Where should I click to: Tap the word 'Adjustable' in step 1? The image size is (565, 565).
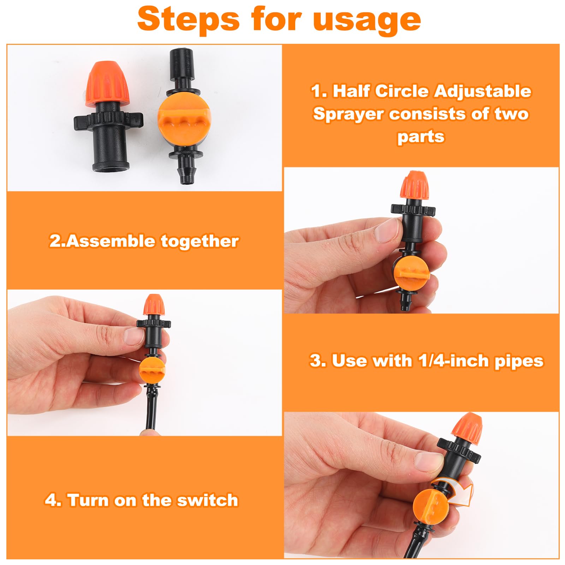(x=482, y=91)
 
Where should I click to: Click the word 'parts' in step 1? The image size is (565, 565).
(x=421, y=136)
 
